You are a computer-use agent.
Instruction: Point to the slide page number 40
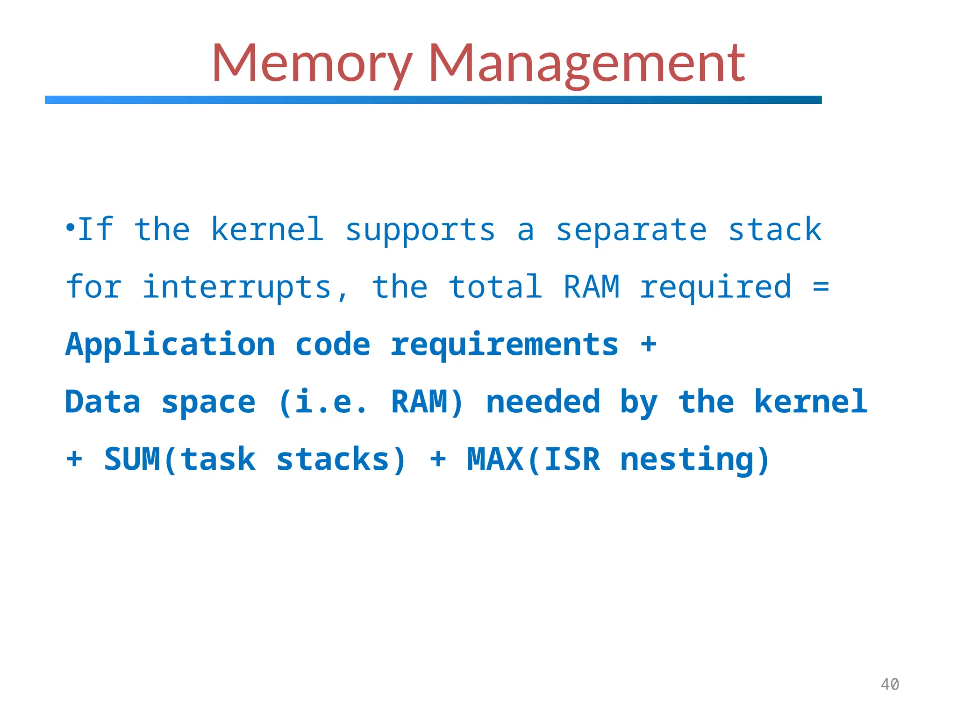(890, 684)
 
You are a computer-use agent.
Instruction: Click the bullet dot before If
(70, 228)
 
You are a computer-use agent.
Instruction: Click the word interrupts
(237, 287)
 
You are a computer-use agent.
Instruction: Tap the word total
(495, 287)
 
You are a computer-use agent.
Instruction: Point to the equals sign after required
(821, 286)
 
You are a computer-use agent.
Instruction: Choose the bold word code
(333, 345)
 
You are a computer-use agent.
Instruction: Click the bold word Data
(103, 402)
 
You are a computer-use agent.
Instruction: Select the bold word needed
(543, 402)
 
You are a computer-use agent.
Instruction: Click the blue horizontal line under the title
(433, 100)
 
